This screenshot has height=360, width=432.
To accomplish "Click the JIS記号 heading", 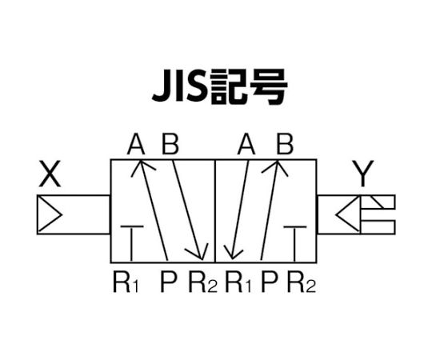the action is pos(220,87).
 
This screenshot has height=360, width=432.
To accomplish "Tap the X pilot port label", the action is pos(50,174).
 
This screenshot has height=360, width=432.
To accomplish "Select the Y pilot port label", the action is pos(363,174).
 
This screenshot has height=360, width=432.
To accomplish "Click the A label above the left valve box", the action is pos(136,143).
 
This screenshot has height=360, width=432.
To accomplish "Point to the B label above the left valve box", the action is pos(170,143).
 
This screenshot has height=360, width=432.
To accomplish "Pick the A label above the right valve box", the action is pos(246,143).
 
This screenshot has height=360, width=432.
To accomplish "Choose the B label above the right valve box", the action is pos(285,143).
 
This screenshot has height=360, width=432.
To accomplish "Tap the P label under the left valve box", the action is pos(168,282).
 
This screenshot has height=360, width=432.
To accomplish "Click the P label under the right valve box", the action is pos(269,282).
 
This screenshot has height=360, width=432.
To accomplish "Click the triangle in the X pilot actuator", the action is pos(50,214).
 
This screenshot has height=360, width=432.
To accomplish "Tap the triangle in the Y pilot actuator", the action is pos(348,214).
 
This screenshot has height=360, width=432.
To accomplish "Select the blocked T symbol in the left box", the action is pos(132,243).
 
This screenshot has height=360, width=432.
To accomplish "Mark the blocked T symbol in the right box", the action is pos(294,243).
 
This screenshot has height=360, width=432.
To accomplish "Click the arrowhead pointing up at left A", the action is pos(142,167).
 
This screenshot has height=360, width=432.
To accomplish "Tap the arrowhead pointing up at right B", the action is pos(276,167).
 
